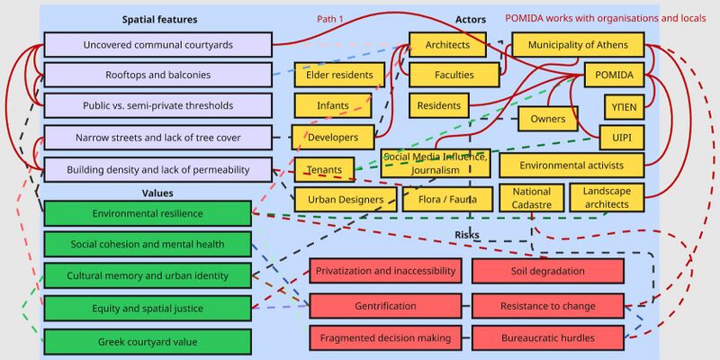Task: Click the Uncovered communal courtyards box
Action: pos(158,44)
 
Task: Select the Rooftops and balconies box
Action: pos(158,75)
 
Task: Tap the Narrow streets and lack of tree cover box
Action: pos(158,138)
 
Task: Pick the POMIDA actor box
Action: pos(614,76)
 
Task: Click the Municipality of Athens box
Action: pos(578,44)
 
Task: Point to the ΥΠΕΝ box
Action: pos(624,107)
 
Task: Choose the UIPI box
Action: pos(622,138)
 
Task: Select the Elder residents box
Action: pos(339,75)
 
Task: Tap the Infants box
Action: pos(333,105)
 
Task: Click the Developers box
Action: pos(333,138)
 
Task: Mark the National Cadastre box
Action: pos(531,198)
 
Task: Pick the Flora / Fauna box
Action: pos(447,199)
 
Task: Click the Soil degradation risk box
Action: pos(548,271)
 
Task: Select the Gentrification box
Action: pos(385,306)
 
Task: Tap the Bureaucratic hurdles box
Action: pos(548,338)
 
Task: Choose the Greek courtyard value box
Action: pos(148,342)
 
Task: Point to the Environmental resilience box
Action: pos(148,213)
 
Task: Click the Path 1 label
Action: pos(330,19)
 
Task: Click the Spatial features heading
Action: pos(160,19)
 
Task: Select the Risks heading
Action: pos(467,235)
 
